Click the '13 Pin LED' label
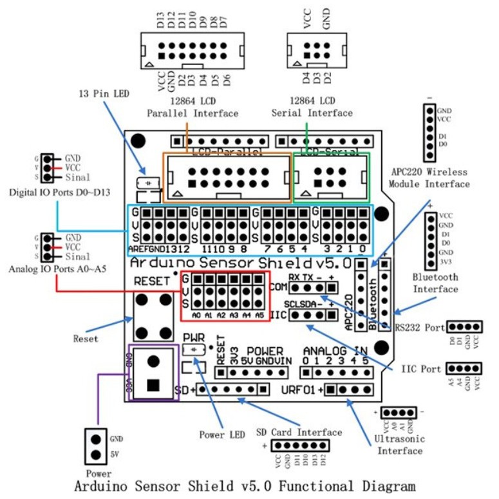(104, 93)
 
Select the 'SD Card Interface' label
(299, 431)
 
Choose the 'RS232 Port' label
(419, 327)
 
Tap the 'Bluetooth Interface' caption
(435, 283)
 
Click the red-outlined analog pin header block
(222, 296)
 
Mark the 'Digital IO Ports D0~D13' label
(51, 193)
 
